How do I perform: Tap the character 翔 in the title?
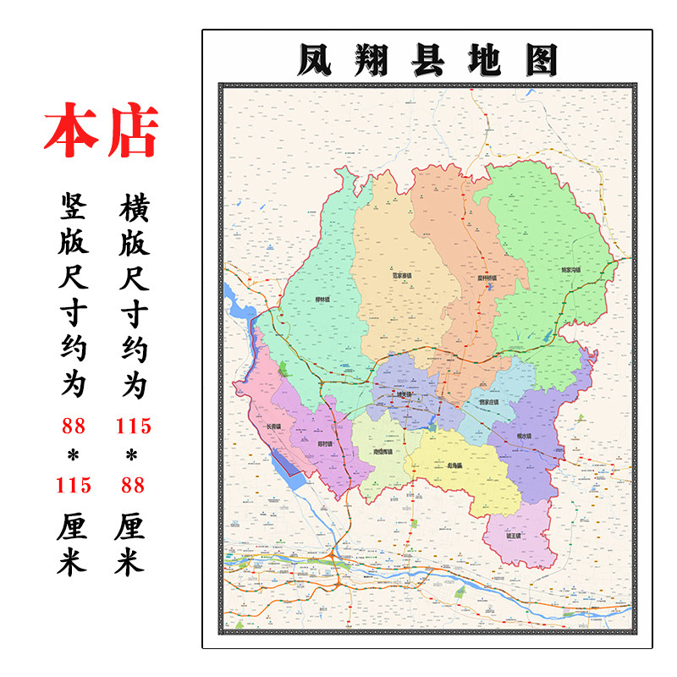tap(378, 60)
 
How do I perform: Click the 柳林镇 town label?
tap(322, 299)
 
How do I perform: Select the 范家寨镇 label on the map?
tap(401, 275)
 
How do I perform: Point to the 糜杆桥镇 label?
tap(485, 277)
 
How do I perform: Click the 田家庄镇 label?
tap(489, 402)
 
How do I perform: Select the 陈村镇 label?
tap(324, 443)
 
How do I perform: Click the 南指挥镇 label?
tap(383, 452)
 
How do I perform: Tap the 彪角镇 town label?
tap(454, 464)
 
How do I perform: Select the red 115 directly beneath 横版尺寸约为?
tap(133, 425)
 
